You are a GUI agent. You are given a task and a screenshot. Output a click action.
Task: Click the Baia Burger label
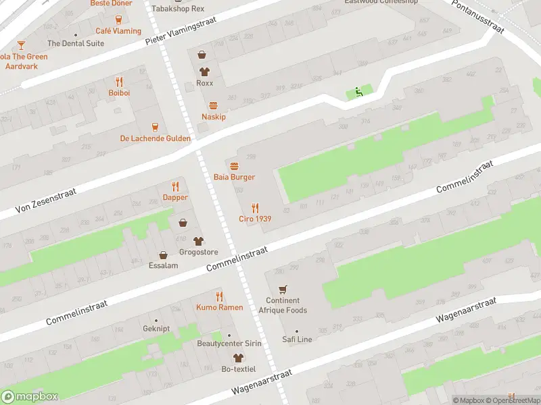234,177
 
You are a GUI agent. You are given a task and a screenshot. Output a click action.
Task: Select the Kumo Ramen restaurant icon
219,296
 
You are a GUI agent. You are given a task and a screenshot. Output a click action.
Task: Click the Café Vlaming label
118,31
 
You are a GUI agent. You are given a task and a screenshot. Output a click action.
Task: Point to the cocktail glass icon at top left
21,45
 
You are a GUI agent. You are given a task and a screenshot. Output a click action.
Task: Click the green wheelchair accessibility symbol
358,92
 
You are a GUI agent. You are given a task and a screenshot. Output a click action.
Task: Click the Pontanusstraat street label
479,17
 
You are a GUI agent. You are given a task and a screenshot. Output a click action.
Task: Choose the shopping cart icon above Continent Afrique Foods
283,290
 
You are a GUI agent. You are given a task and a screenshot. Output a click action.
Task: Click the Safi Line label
297,340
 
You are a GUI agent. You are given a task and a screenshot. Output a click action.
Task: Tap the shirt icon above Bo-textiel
237,358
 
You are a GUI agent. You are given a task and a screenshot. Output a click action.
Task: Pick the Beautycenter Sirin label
229,344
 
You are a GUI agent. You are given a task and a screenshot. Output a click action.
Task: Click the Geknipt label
156,329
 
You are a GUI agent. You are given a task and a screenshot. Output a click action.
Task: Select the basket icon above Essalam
163,255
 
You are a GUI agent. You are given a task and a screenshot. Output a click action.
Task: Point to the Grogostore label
198,252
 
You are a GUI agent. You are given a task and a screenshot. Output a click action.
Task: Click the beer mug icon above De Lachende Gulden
155,126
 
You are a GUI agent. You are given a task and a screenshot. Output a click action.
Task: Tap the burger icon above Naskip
214,105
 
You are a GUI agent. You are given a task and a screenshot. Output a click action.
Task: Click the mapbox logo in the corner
30,397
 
